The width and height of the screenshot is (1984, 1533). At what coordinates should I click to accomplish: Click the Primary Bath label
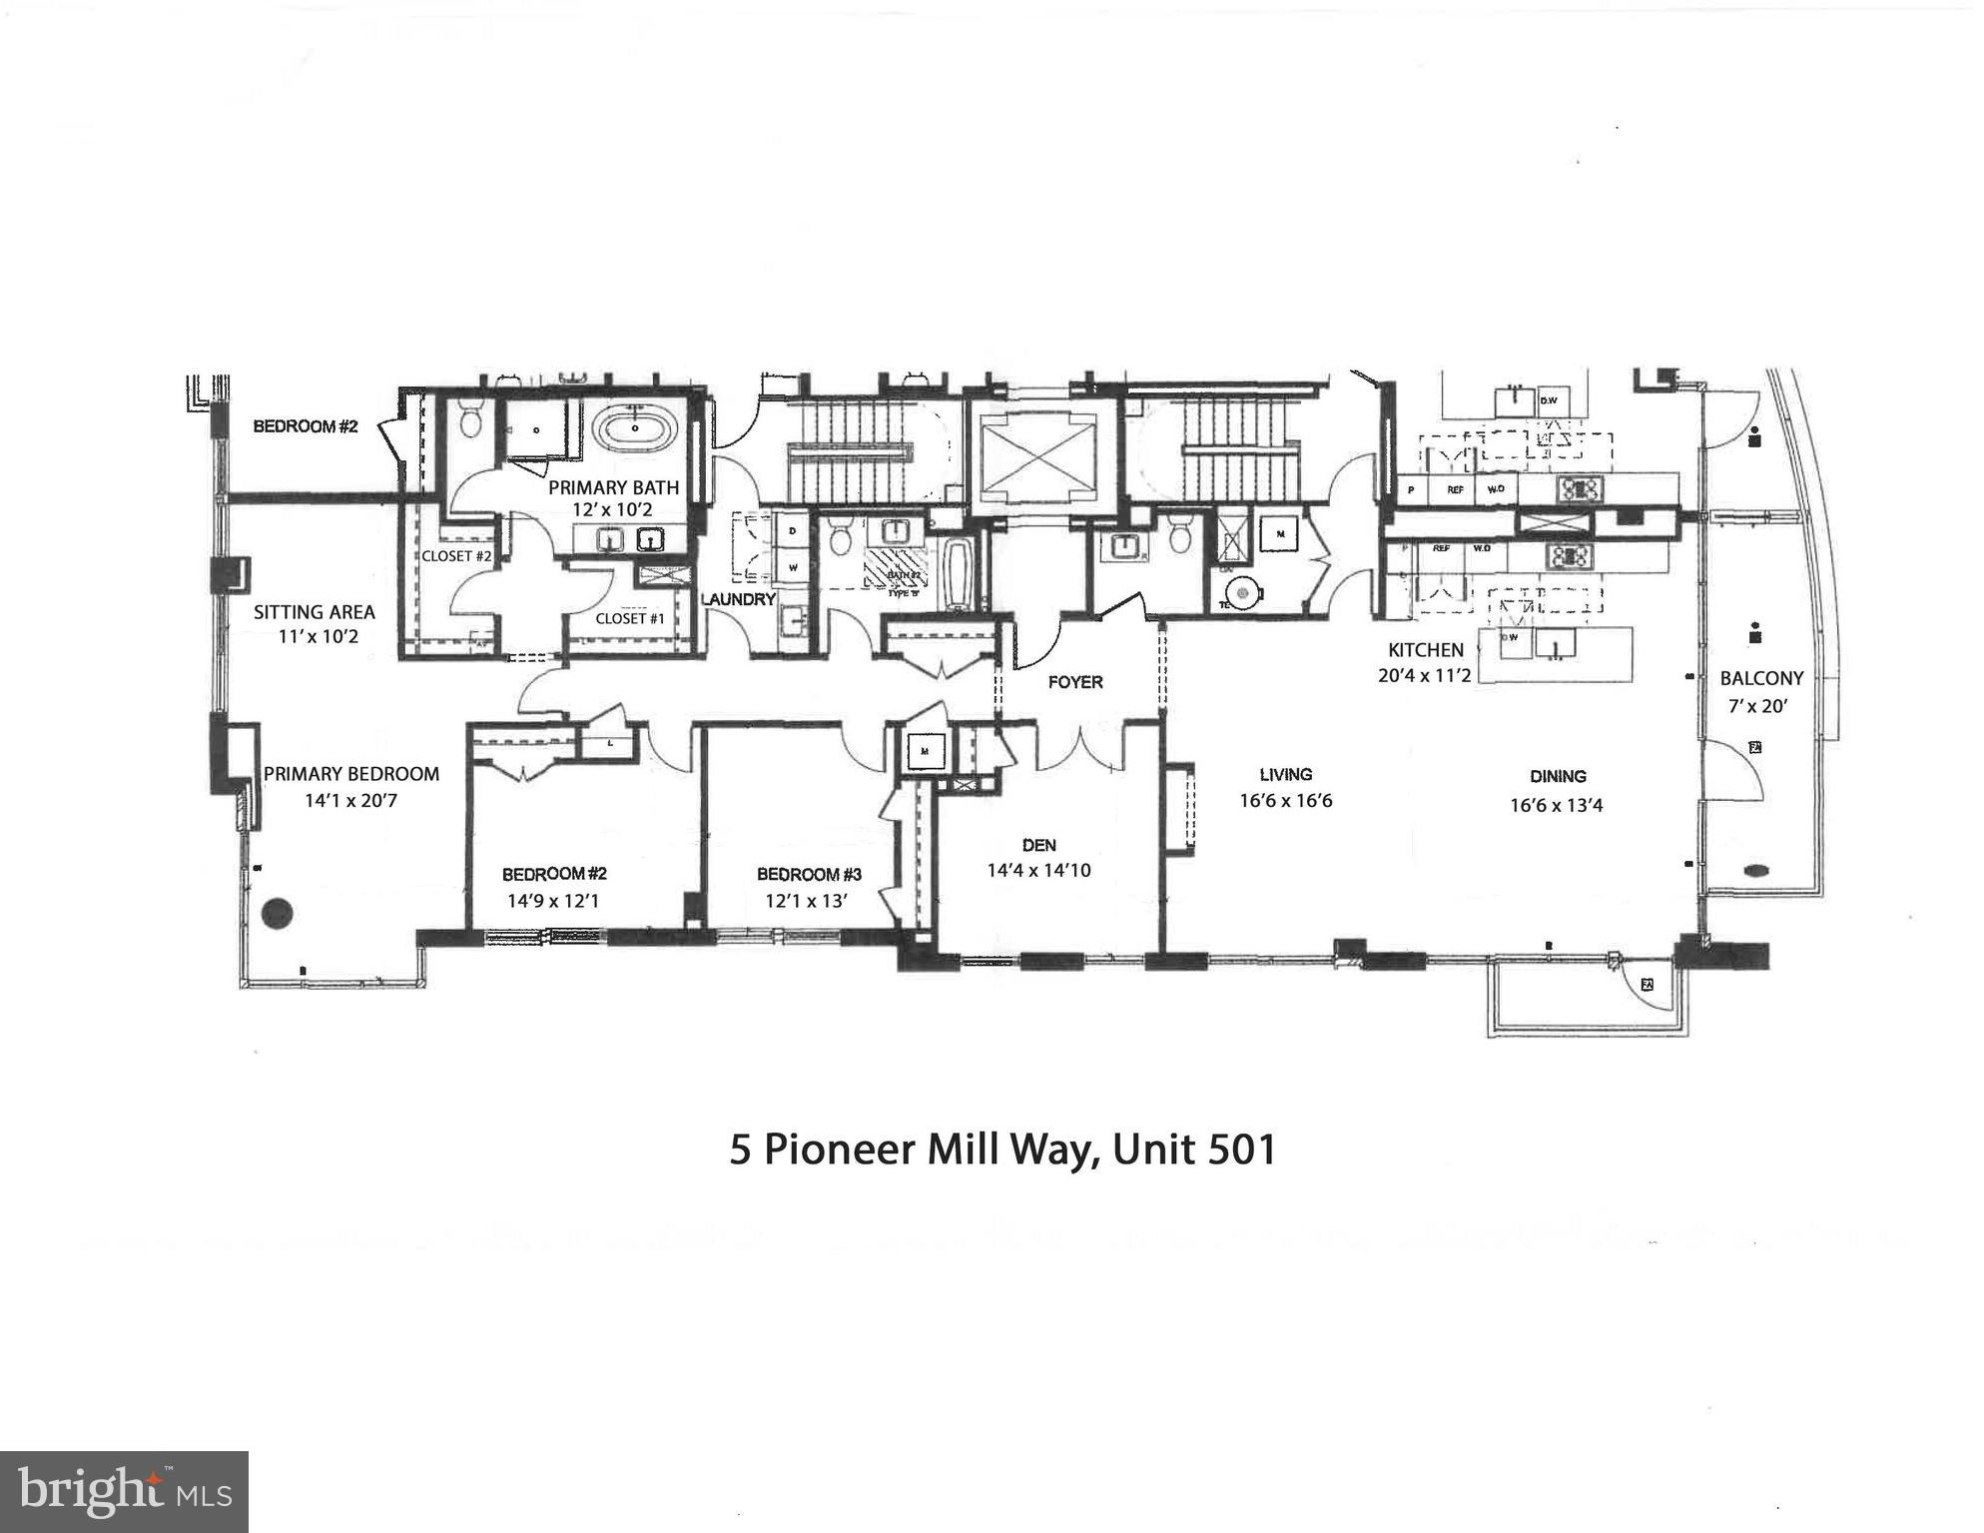[x=613, y=488]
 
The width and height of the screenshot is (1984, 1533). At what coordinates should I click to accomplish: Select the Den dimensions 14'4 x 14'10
[x=1038, y=871]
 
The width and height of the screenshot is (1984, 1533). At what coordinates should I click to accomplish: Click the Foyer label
[x=1075, y=682]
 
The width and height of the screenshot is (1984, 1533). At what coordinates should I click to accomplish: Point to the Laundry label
[x=738, y=599]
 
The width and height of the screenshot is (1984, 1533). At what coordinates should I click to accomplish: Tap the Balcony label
[x=1761, y=678]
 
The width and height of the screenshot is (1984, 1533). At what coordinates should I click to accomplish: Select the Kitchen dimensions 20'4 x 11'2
[x=1424, y=675]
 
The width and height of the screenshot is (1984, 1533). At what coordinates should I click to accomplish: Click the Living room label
[x=1285, y=774]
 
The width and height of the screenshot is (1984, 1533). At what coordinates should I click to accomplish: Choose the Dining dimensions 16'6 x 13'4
[x=1556, y=805]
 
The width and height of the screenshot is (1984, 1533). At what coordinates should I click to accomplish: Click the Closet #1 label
[x=629, y=618]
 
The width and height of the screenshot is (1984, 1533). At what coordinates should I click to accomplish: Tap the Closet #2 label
[x=456, y=556]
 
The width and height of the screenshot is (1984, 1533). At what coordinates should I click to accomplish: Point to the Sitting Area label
[x=314, y=612]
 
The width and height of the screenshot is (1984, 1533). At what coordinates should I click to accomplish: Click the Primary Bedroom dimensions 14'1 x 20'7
[x=350, y=800]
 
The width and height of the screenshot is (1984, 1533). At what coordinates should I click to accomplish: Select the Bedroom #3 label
[x=809, y=875]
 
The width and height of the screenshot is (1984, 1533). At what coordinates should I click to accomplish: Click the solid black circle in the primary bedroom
[x=278, y=911]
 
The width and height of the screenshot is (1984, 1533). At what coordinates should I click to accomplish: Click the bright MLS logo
[x=124, y=1491]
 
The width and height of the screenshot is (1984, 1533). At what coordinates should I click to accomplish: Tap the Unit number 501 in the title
[x=1242, y=1150]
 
